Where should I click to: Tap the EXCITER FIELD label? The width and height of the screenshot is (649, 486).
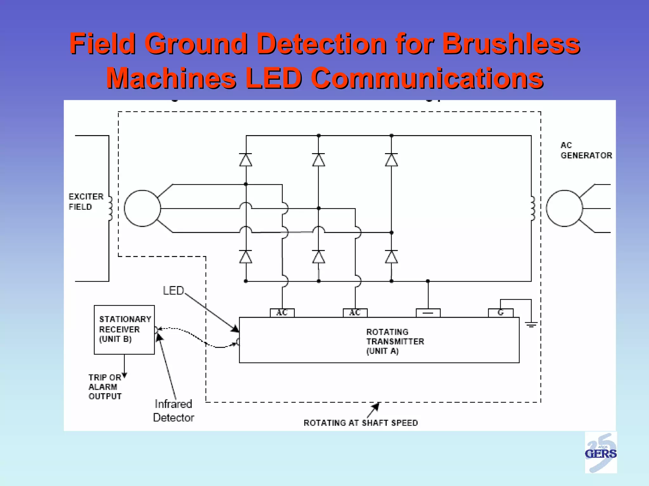86,202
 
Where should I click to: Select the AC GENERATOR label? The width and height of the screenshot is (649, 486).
586,150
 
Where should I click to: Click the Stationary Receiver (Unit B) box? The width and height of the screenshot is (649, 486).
124,329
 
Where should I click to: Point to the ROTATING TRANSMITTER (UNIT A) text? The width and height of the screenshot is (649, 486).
395,341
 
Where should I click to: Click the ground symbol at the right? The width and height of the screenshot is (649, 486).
531,324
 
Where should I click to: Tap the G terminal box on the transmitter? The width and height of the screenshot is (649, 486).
500,313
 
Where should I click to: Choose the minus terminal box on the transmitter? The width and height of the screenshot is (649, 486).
428,313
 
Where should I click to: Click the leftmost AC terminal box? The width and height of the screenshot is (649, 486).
282,313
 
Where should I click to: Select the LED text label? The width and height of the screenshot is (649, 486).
173,290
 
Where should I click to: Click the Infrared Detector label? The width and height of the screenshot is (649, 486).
173,411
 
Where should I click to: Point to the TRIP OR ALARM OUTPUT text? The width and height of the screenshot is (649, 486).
105,387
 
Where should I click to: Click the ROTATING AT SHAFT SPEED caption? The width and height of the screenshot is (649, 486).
361,423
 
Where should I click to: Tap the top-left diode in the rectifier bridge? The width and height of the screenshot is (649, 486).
246,160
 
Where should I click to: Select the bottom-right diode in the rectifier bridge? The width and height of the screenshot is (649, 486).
391,257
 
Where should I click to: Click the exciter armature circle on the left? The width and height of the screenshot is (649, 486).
142,208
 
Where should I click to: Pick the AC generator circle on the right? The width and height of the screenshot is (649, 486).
564,208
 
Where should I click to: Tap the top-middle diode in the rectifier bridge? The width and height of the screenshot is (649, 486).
318,160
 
